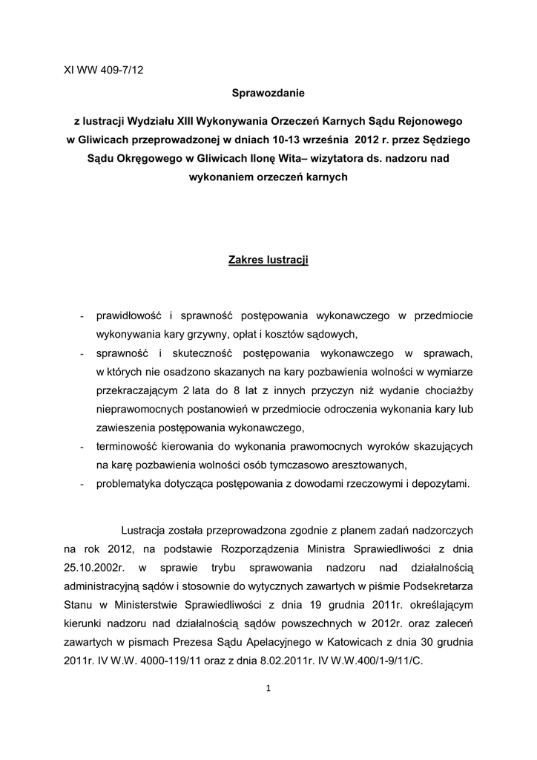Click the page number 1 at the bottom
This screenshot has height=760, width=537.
coord(268,689)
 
